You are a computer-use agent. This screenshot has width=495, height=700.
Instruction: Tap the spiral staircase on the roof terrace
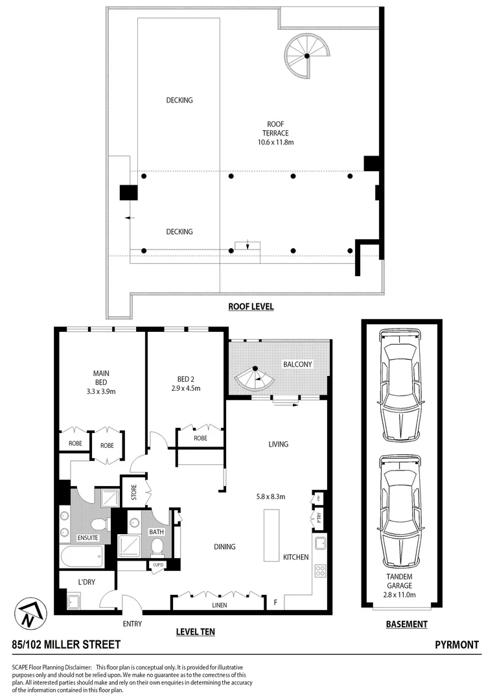[308, 56]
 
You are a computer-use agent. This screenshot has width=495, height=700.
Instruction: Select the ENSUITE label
[87, 538]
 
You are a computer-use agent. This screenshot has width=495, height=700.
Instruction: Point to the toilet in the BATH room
[157, 548]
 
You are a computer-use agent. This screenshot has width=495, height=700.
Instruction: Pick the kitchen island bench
[271, 535]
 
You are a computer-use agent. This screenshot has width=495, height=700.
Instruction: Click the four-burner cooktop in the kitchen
[320, 571]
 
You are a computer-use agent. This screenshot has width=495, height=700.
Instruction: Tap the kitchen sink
[320, 542]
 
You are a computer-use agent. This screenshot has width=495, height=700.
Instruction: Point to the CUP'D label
[157, 565]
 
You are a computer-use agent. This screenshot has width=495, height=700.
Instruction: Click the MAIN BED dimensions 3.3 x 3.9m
[100, 391]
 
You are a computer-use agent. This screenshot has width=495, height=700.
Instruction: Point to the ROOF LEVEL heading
[250, 307]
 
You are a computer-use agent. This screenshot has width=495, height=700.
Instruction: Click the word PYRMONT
[457, 645]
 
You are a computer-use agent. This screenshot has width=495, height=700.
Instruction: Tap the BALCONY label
[297, 364]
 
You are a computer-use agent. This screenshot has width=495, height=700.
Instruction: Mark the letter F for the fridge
[275, 603]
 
